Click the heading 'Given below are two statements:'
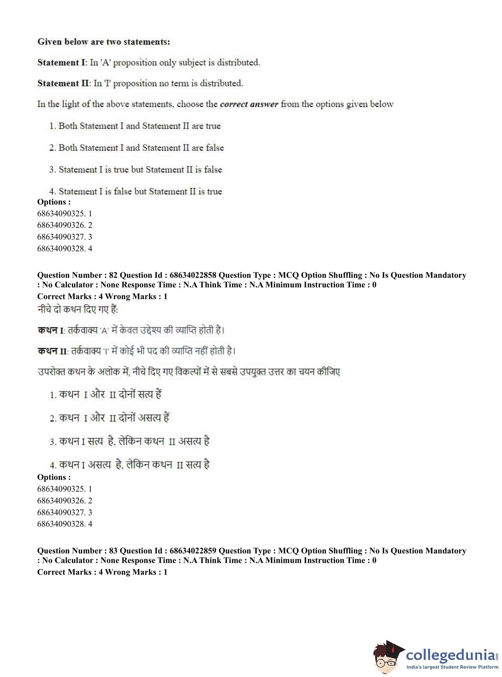click(104, 42)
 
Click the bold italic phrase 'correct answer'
click(249, 104)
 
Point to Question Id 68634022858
click(193, 275)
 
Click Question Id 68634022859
click(193, 551)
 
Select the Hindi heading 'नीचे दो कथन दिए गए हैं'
click(77, 310)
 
